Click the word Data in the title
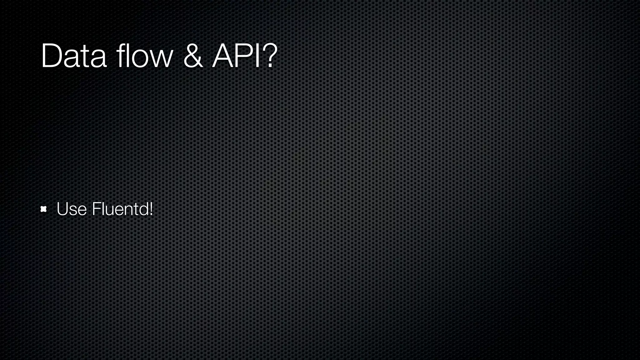click(x=74, y=56)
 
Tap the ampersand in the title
click(x=193, y=56)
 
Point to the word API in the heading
click(x=236, y=56)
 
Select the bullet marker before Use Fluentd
click(x=44, y=209)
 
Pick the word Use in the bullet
click(x=72, y=209)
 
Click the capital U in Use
click(x=62, y=209)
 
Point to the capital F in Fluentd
click(x=95, y=209)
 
